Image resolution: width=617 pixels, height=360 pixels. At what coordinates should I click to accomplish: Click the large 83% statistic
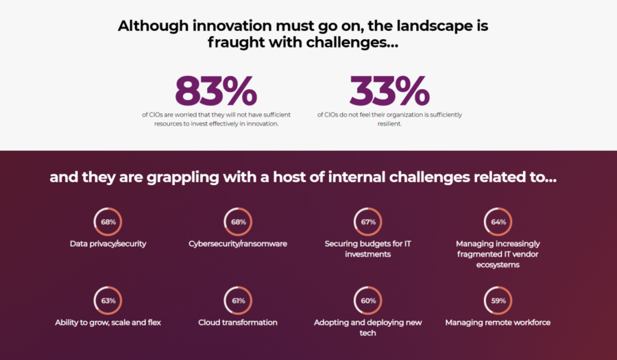[x=216, y=91]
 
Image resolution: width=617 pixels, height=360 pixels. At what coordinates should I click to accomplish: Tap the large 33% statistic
[x=389, y=91]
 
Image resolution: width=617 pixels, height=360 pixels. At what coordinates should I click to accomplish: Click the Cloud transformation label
[x=238, y=322]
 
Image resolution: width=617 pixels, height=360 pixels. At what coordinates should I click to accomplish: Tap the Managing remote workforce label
[x=498, y=322]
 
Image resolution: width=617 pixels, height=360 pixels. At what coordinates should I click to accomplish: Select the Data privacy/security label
[x=108, y=244]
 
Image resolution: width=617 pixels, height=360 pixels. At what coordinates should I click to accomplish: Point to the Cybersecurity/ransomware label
[x=238, y=244]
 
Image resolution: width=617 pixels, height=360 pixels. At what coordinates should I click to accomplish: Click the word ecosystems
[x=498, y=265]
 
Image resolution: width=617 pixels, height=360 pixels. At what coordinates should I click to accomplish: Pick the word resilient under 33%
[x=389, y=123]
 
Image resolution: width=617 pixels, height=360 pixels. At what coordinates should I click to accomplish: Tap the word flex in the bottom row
[x=154, y=322]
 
